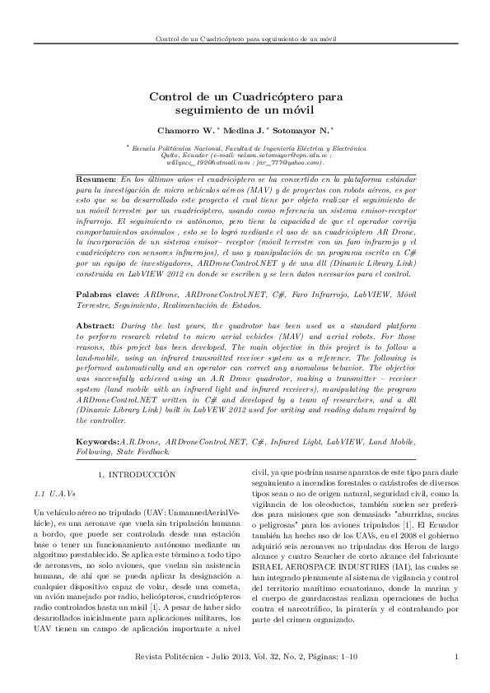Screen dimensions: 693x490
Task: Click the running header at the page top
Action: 245,39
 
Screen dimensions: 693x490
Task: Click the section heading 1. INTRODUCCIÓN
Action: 138,475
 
